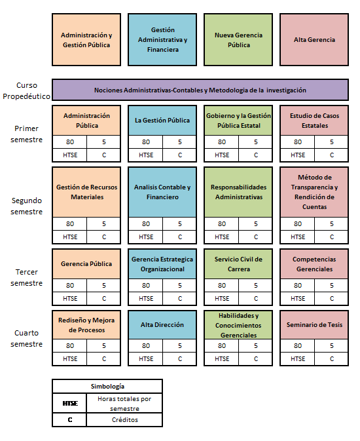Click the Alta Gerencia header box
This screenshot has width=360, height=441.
pyautogui.click(x=314, y=40)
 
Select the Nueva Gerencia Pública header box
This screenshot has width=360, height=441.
pyautogui.click(x=238, y=40)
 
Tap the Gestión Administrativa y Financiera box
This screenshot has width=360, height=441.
pyautogui.click(x=162, y=40)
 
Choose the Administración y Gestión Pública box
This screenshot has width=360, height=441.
pyautogui.click(x=86, y=40)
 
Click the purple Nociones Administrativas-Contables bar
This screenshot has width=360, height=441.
pyautogui.click(x=200, y=90)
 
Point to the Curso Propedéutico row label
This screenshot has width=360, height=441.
pyautogui.click(x=26, y=90)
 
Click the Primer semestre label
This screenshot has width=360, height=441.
pyautogui.click(x=26, y=134)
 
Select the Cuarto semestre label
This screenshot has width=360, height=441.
pyautogui.click(x=26, y=338)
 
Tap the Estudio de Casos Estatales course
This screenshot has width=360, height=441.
pyautogui.click(x=314, y=121)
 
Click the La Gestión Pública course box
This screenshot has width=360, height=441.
pyautogui.click(x=162, y=121)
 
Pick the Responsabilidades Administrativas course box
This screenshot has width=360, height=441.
pyautogui.click(x=238, y=192)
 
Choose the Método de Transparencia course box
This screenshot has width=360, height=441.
pyautogui.click(x=314, y=192)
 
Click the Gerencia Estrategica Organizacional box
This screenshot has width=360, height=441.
pyautogui.click(x=162, y=264)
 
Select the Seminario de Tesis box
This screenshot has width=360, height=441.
pyautogui.click(x=314, y=324)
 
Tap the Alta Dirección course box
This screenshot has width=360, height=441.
pyautogui.click(x=162, y=324)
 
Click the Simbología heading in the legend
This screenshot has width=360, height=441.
pyautogui.click(x=107, y=386)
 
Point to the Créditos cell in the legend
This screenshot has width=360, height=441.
pyautogui.click(x=125, y=419)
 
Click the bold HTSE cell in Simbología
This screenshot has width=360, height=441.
pyautogui.click(x=70, y=403)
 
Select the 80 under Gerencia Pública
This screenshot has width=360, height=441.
pyautogui.click(x=70, y=286)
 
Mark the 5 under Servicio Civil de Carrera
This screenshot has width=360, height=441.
pyautogui.click(x=256, y=286)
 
